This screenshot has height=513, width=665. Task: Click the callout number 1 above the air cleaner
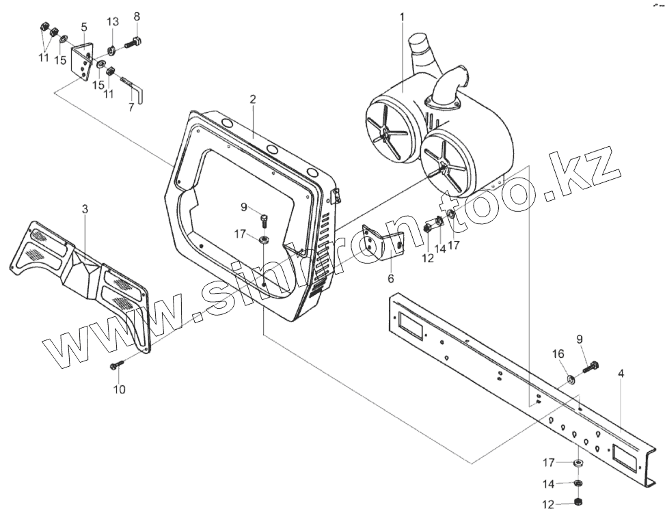[402, 16]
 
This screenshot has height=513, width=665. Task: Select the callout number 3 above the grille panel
[85, 210]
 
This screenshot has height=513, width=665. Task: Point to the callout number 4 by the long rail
[621, 374]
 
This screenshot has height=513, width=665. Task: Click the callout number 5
[83, 27]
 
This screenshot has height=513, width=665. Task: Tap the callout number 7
[131, 107]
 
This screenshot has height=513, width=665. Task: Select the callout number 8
[137, 16]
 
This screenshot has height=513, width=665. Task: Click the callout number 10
[120, 390]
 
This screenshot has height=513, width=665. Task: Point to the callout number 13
[112, 22]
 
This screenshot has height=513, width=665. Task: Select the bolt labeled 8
[133, 44]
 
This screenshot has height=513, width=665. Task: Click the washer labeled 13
[111, 50]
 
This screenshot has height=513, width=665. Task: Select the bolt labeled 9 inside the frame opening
[264, 219]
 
